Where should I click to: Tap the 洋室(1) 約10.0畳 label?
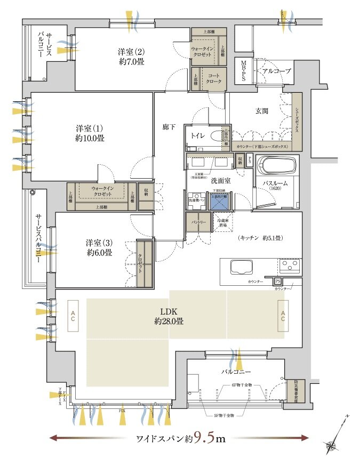(x=90, y=133)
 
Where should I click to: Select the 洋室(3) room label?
(x=99, y=247)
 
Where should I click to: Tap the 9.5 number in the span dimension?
(x=200, y=439)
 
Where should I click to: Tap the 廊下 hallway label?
(x=169, y=127)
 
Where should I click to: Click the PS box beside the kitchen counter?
(x=278, y=281)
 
